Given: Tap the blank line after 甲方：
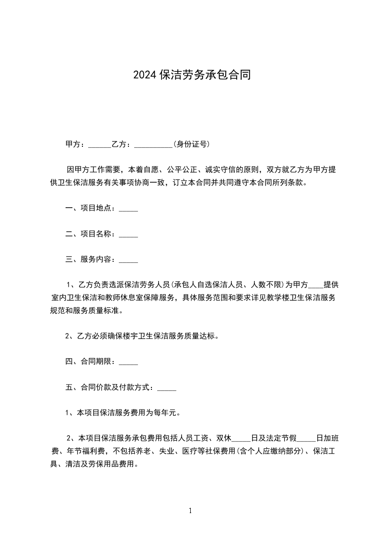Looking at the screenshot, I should (100, 145).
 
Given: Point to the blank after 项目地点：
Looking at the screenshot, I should (128, 209).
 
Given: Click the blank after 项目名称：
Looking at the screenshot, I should (128, 235).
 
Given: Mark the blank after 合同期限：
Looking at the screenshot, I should (128, 363).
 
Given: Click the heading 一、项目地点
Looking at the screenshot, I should (89, 208).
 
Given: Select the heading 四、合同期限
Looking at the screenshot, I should (89, 362).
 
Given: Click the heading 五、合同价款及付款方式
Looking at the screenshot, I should (108, 387).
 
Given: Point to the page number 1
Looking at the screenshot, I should (190, 511).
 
